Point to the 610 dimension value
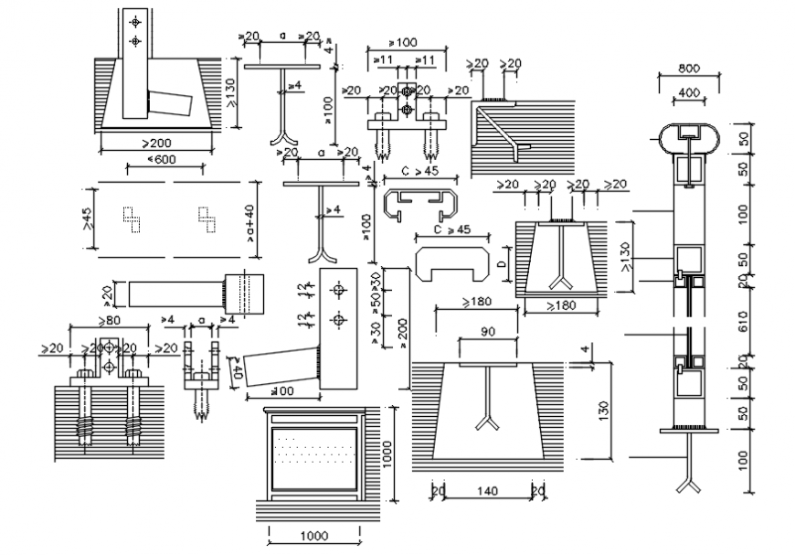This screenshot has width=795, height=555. pyautogui.click(x=743, y=322)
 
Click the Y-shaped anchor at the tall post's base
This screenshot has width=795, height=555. pyautogui.click(x=686, y=484)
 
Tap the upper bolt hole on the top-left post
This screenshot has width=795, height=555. pyautogui.click(x=135, y=21)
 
